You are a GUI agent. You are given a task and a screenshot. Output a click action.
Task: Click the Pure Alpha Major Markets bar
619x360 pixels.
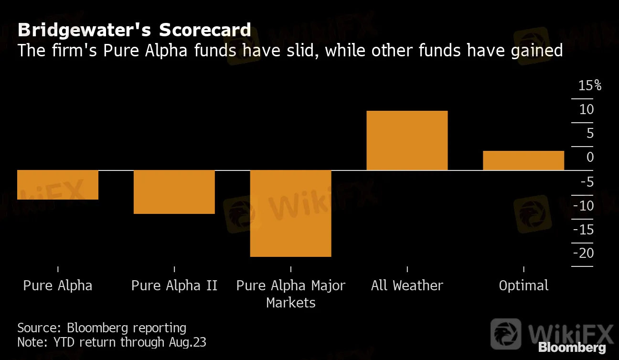point(290,213)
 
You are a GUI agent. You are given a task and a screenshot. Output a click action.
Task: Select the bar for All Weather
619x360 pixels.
point(407,140)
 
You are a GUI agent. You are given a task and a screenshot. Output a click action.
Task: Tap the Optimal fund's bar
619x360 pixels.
point(523,160)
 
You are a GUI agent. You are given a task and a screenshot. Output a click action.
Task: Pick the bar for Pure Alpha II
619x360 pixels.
point(174,192)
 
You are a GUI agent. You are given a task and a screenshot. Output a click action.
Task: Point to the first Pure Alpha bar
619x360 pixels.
point(58,185)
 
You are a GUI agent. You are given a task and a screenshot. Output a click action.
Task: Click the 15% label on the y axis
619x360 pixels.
point(589,86)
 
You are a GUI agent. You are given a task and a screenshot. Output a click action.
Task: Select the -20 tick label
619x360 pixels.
point(584,253)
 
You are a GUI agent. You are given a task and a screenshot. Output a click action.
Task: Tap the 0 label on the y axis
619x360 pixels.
point(590,158)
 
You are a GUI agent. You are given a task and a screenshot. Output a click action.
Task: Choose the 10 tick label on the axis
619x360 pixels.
point(587,110)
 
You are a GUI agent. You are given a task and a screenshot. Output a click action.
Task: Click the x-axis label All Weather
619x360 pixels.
point(407,286)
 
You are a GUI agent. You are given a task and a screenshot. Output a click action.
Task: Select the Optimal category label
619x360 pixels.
point(523,286)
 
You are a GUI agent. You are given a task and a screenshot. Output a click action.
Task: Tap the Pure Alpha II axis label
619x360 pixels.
point(174,286)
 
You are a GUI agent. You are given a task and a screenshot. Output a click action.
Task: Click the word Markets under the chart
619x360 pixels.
point(291,303)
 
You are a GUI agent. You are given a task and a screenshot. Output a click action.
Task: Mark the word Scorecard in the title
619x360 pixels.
point(205,30)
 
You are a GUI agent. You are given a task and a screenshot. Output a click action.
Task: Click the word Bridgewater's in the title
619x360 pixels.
point(85,30)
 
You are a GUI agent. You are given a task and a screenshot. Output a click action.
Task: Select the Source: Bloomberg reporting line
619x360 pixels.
point(102,328)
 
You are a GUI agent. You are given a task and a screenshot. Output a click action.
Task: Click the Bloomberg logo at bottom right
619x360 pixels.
point(572,348)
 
